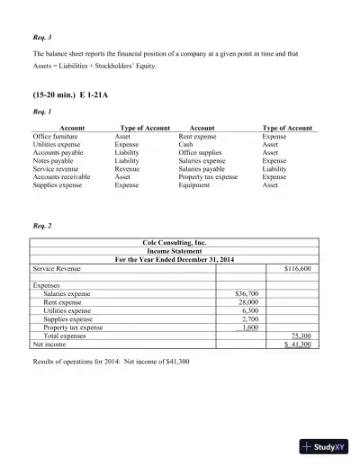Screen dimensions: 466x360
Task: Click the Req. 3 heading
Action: point(42,38)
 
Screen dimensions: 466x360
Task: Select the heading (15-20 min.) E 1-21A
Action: point(70,92)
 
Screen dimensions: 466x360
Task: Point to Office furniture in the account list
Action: point(56,136)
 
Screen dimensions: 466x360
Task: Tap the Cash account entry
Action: point(185,144)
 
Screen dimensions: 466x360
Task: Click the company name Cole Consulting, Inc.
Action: point(175,243)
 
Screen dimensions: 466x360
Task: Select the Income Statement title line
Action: point(175,251)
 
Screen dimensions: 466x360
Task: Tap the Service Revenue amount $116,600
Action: point(297,268)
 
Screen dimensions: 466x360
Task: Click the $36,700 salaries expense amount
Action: point(247,293)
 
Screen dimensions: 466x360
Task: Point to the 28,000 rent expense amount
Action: point(248,302)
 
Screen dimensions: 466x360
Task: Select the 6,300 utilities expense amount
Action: point(251,310)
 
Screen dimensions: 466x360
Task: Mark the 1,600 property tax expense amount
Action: point(250,327)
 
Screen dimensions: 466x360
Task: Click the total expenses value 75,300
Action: point(300,336)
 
